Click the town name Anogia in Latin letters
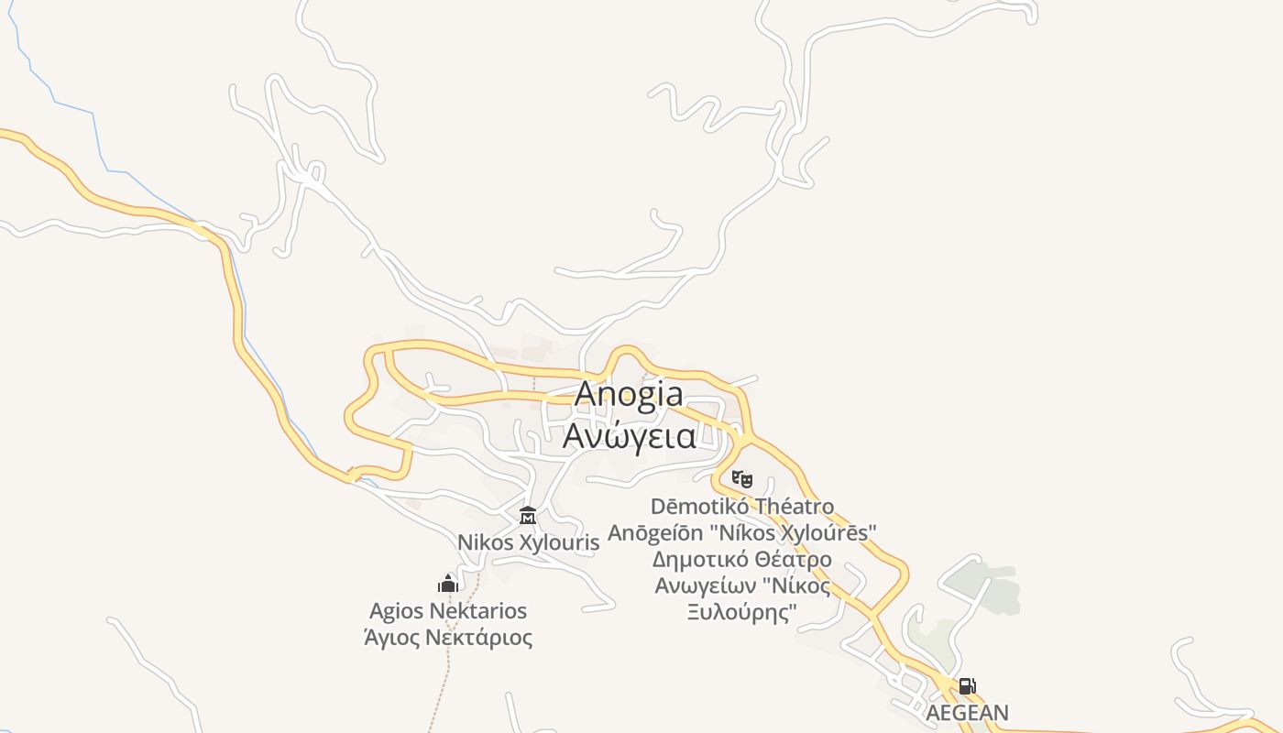(x=629, y=394)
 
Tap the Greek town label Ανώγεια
(x=629, y=436)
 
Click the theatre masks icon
(x=741, y=478)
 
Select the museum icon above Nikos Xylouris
(x=528, y=516)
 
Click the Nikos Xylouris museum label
(x=529, y=542)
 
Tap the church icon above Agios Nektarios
(x=448, y=584)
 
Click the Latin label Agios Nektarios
(x=448, y=610)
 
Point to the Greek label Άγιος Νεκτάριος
(x=448, y=637)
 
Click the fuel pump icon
(x=967, y=686)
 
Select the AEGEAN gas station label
(x=967, y=712)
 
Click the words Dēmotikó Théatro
(x=742, y=506)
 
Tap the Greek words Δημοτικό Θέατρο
(x=742, y=559)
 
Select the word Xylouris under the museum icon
(x=559, y=542)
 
